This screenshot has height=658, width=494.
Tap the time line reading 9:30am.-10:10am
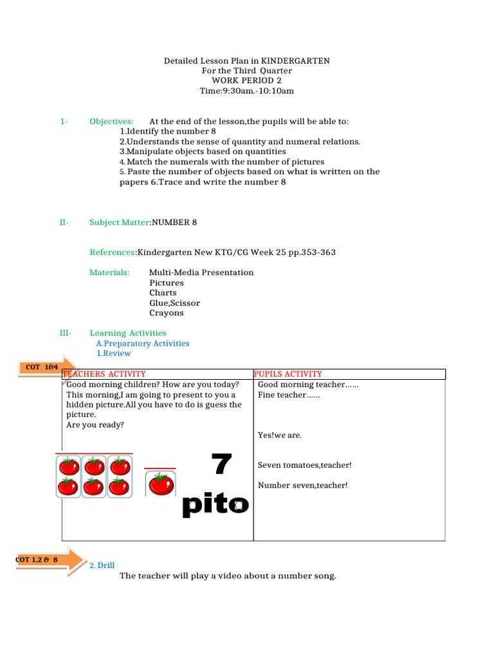tap(246, 91)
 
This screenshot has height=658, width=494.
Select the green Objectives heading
tap(111, 121)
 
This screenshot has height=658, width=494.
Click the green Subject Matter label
tap(119, 222)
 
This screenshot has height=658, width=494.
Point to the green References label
tap(113, 253)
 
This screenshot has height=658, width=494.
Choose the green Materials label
tap(109, 272)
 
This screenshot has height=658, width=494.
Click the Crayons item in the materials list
tap(167, 313)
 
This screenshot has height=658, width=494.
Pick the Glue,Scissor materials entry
tap(174, 303)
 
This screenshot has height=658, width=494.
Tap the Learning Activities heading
tap(127, 333)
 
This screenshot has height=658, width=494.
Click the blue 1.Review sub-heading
tap(114, 353)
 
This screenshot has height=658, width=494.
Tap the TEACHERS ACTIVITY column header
tap(104, 374)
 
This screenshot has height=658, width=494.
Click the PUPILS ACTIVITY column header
tap(288, 374)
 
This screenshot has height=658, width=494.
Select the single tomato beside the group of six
tap(160, 484)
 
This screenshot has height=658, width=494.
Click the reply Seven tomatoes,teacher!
tap(305, 465)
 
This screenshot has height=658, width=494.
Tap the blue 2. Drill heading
tap(102, 565)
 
